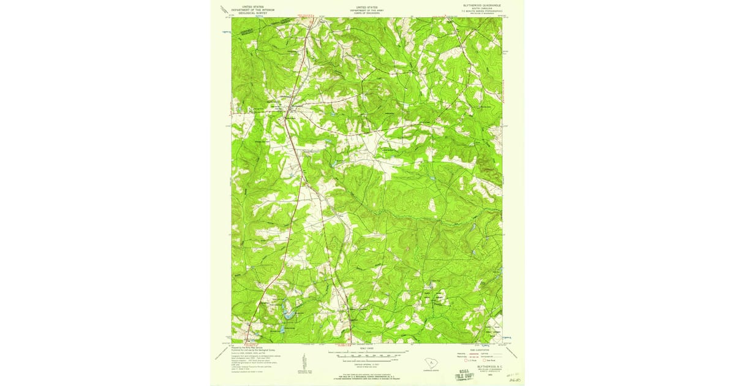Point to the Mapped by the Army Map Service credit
pos(249,347)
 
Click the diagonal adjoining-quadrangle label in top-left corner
pos(222,9)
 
